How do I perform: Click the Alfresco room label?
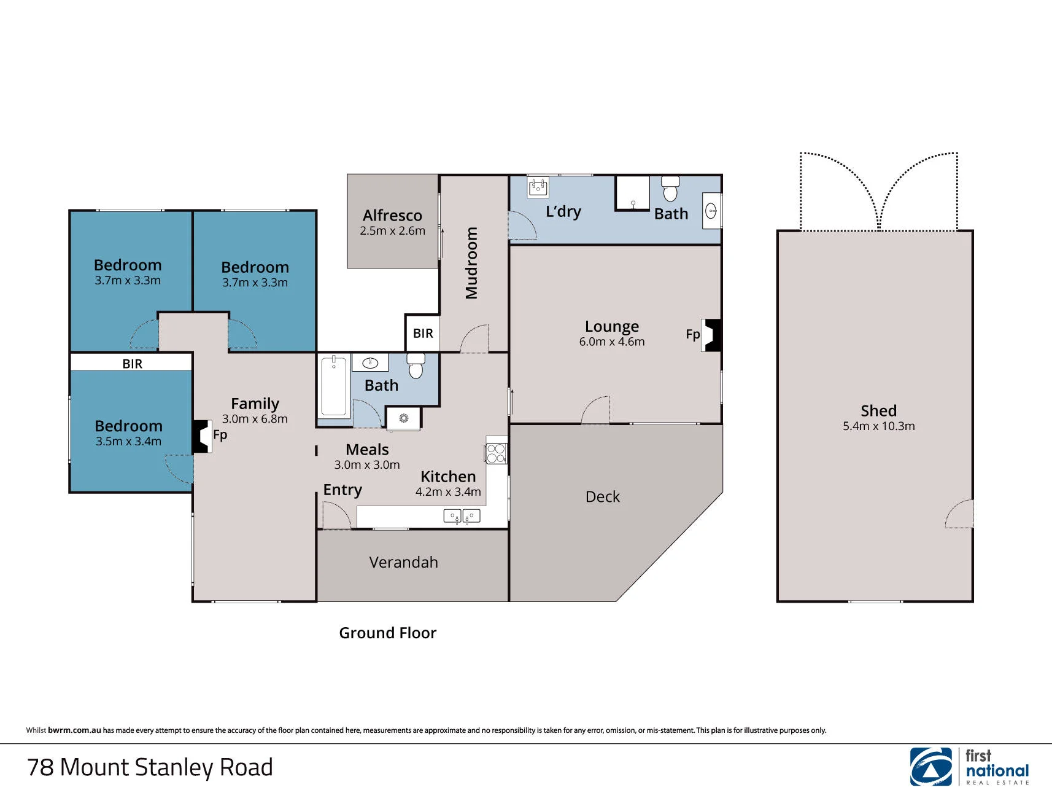pyautogui.click(x=392, y=216)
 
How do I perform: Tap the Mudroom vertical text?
pyautogui.click(x=471, y=263)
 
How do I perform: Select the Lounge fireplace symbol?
pyautogui.click(x=712, y=335)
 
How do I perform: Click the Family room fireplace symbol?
pyautogui.click(x=202, y=436)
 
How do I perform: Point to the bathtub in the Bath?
pyautogui.click(x=334, y=386)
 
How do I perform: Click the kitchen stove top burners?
pyautogui.click(x=496, y=453)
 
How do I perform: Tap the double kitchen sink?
pyautogui.click(x=462, y=517)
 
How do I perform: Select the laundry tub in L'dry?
pyautogui.click(x=538, y=187)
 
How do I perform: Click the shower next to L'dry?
pyautogui.click(x=633, y=193)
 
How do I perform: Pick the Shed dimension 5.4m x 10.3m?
pyautogui.click(x=878, y=426)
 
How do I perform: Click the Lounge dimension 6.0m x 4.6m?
pyautogui.click(x=612, y=342)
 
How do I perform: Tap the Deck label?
pyautogui.click(x=603, y=496)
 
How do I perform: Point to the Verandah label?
pyautogui.click(x=403, y=562)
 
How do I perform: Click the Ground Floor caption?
pyautogui.click(x=387, y=633)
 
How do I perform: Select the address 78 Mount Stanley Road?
pyautogui.click(x=150, y=767)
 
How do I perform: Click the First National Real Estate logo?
pyautogui.click(x=969, y=766)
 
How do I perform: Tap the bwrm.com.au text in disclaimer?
pyautogui.click(x=74, y=730)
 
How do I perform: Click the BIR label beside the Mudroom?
pyautogui.click(x=423, y=334)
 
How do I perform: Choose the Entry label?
pyautogui.click(x=342, y=490)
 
